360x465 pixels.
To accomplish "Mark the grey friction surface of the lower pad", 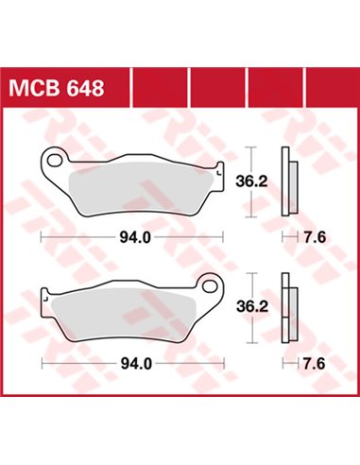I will pyautogui.click(x=123, y=315).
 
